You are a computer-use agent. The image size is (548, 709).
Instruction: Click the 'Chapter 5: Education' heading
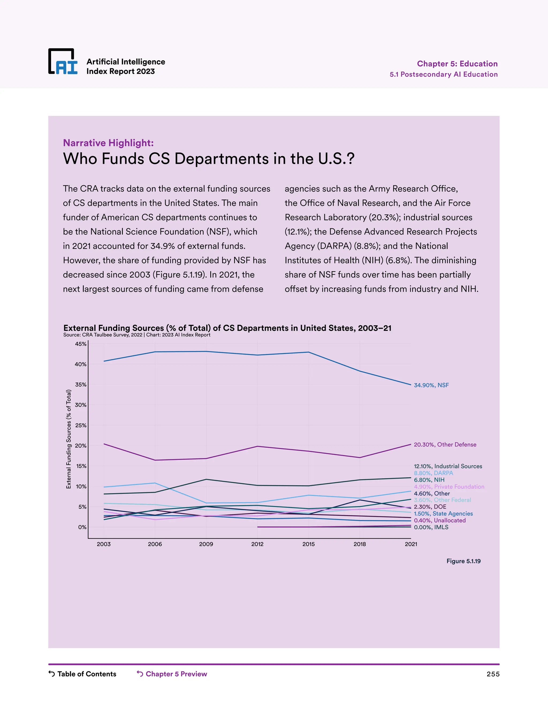coord(457,64)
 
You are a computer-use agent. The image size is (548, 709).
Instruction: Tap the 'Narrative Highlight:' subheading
coord(108,143)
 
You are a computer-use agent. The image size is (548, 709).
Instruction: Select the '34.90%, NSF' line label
coord(431,385)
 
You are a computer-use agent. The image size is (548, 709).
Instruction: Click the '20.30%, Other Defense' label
coord(445,444)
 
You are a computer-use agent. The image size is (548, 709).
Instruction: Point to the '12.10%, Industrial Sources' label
coord(448,466)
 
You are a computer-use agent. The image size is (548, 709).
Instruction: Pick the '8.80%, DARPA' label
coord(433,473)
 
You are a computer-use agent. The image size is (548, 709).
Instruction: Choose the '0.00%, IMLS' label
coord(431,527)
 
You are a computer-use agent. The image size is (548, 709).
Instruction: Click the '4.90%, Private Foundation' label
coord(449,487)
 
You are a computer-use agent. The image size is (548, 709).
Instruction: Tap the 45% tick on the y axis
coord(81,344)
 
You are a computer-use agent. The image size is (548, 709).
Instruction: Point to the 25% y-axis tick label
coord(81,425)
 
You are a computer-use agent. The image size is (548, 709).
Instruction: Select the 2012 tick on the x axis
coord(257,544)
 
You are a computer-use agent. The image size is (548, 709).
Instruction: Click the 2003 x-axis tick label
coord(104,544)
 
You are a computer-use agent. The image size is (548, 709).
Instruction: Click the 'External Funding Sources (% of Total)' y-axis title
coord(68,439)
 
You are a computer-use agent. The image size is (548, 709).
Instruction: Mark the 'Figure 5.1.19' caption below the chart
coord(463,561)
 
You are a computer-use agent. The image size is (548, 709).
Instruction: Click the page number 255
coord(493,674)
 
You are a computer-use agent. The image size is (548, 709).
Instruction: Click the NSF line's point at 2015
coord(309,352)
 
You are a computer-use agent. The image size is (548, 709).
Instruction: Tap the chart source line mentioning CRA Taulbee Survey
coord(137,335)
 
